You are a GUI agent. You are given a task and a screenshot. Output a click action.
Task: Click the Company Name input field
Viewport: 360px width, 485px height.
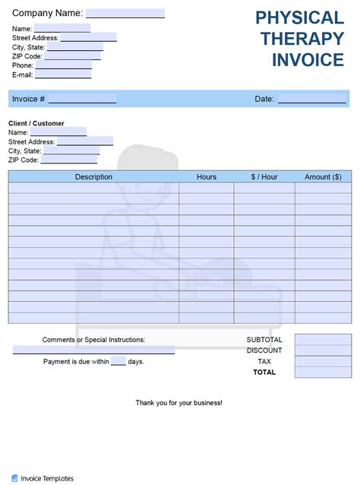(x=125, y=13)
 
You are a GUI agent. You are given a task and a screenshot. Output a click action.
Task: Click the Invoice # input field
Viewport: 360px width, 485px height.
(x=82, y=99)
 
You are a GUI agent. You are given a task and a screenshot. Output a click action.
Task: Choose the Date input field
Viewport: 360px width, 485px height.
(x=311, y=99)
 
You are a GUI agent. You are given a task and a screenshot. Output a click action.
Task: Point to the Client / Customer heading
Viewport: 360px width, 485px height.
(x=36, y=123)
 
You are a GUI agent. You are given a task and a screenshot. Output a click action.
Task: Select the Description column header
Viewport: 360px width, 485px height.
(x=93, y=177)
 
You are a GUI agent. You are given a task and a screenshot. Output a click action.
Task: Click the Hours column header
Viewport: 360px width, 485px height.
(x=207, y=177)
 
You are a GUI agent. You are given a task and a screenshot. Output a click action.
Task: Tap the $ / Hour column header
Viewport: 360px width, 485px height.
(x=264, y=177)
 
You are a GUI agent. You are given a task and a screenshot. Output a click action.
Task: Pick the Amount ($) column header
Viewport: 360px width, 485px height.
(x=323, y=177)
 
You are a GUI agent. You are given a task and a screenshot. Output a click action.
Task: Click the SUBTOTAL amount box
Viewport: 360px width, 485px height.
(x=323, y=340)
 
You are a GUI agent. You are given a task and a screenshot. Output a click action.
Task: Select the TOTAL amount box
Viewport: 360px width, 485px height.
(x=323, y=372)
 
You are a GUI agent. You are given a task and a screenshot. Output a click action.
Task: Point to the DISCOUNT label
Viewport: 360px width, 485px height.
(x=264, y=350)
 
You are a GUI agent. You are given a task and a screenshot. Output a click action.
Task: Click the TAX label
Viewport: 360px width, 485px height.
(x=264, y=362)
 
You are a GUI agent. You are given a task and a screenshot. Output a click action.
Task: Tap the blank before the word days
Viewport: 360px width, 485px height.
(x=118, y=362)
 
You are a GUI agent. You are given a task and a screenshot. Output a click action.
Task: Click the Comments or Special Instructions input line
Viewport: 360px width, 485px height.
(x=93, y=350)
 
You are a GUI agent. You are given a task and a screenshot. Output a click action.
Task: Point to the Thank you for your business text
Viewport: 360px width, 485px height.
(x=179, y=402)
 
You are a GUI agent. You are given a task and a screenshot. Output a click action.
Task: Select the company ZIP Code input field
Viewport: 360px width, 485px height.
(x=72, y=56)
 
